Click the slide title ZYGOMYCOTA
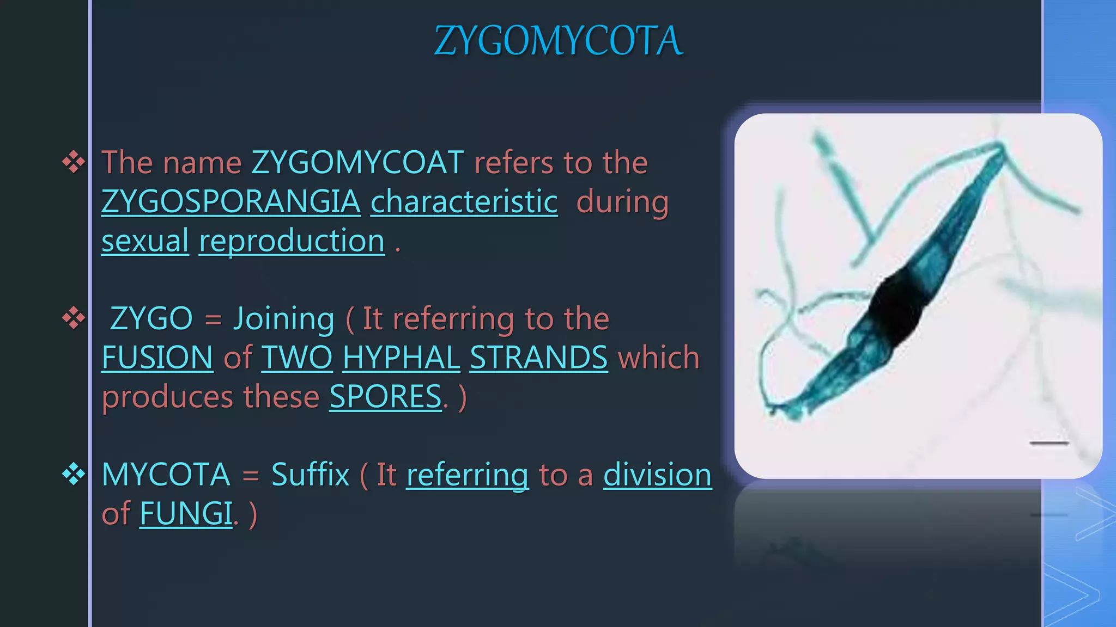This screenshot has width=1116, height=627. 559,41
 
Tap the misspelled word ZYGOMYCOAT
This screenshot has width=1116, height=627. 357,162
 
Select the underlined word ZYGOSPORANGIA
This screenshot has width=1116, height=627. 231,201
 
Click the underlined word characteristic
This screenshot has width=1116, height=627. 464,201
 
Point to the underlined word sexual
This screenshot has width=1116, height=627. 145,241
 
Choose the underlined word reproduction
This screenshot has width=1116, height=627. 292,241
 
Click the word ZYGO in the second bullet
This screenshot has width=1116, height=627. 151,318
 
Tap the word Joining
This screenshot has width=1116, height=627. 284,318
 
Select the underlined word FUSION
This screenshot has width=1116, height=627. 157,358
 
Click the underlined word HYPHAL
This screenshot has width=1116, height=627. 402,358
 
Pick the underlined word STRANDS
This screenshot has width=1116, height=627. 538,358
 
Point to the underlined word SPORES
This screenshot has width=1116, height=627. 385,397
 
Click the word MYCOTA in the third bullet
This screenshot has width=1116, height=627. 166,475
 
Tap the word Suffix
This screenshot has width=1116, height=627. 310,475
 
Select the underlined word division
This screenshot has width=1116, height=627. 657,475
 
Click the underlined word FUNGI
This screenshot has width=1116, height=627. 186,513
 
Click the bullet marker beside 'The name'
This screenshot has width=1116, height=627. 74,162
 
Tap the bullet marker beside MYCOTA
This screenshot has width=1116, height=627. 74,474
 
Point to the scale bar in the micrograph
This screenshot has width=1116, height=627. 1049,444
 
